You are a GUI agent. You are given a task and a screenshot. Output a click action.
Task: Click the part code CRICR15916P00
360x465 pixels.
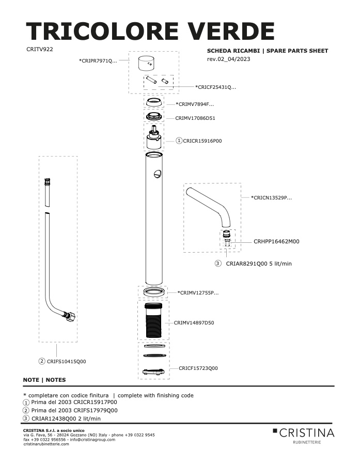coord(202,141)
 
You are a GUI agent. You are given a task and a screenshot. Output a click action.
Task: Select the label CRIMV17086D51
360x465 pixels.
coord(195,118)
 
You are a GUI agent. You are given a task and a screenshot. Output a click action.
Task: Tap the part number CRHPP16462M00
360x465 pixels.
coord(276,241)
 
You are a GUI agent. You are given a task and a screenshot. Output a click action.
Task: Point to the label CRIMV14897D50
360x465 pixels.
coord(194,322)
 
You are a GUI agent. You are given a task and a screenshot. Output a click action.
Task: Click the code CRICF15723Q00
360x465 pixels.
coord(198,368)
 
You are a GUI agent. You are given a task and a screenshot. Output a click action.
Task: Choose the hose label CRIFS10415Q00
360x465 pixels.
coord(67,362)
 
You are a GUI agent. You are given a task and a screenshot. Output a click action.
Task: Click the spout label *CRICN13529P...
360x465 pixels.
coord(271,197)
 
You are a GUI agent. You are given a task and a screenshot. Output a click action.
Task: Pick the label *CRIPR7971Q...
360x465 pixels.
coord(98,61)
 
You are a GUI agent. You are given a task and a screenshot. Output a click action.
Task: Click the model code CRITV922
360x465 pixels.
coord(40,49)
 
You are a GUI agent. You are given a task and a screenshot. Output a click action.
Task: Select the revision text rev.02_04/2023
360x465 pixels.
coord(229,59)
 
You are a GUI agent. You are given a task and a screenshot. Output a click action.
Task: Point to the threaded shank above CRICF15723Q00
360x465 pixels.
coord(153,320)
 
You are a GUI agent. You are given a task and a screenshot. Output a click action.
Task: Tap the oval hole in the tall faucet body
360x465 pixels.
coord(157,174)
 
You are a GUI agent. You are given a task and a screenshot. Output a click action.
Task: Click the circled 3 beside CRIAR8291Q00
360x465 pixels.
coord(218,263)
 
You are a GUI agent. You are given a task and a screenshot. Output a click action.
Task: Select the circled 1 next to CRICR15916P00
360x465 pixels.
coord(179,141)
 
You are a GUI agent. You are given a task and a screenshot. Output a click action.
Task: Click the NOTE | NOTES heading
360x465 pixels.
coord(44,380)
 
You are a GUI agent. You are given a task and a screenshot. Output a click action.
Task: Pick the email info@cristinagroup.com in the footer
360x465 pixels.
coord(92,440)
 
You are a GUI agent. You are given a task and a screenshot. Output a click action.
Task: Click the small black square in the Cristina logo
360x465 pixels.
coord(275,430)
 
